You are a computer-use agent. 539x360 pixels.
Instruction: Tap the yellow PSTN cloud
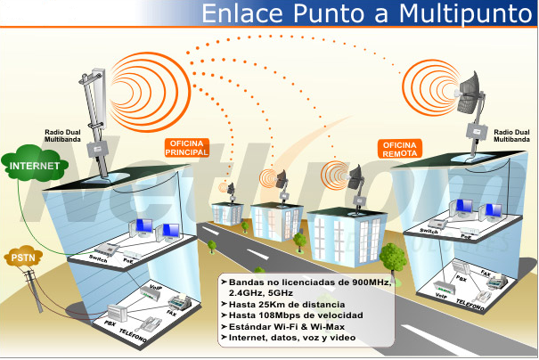pyautogui.click(x=23, y=258)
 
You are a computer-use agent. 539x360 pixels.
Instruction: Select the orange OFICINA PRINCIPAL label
pyautogui.click(x=187, y=148)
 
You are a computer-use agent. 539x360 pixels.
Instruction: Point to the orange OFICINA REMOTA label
pyautogui.click(x=399, y=149)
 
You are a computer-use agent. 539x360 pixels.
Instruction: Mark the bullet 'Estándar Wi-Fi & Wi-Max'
pyautogui.click(x=281, y=327)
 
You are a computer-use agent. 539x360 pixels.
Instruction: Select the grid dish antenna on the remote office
pyautogui.click(x=470, y=94)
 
